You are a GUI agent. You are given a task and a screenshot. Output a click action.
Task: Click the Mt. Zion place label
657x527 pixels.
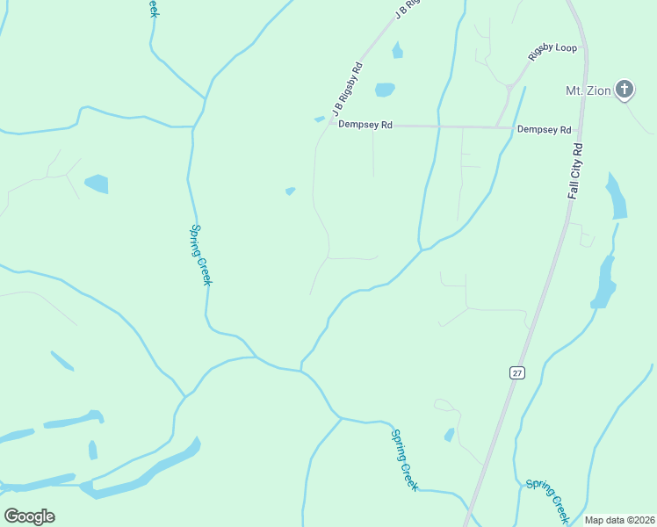[588, 90]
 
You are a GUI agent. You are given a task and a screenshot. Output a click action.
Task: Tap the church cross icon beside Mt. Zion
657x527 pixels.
[624, 88]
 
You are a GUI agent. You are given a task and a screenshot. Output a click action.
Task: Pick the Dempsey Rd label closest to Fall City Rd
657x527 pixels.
[544, 129]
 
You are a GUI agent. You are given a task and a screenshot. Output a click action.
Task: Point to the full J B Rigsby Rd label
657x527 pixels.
[348, 89]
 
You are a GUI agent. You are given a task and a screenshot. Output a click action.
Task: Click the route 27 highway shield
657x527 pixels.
[516, 372]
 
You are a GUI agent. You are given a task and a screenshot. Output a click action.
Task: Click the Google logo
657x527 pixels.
[29, 516]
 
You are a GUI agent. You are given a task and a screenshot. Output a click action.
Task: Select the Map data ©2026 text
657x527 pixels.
[619, 520]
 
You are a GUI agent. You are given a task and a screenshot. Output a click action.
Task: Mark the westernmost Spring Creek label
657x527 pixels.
[201, 255]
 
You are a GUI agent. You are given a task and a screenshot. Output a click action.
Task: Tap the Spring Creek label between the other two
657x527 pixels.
[405, 460]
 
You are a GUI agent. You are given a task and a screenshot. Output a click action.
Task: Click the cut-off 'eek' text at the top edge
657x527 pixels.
[154, 7]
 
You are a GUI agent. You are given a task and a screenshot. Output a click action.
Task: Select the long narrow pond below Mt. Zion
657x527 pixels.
[617, 196]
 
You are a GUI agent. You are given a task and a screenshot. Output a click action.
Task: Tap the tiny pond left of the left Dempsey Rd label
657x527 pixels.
[319, 119]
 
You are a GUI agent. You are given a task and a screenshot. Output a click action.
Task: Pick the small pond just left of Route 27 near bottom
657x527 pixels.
[450, 435]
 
